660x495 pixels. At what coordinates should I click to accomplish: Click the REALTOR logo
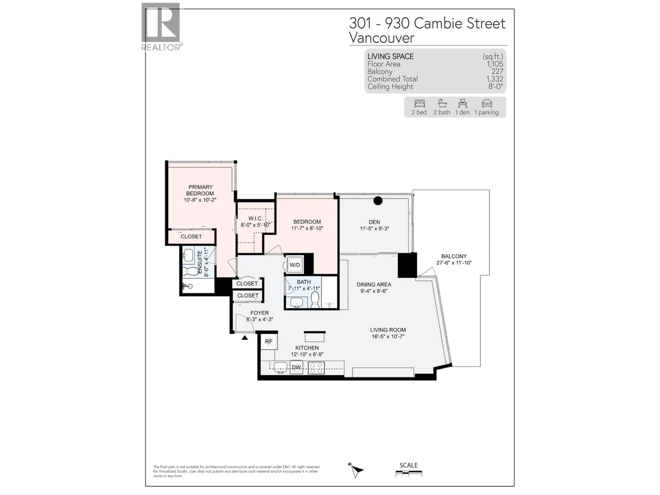point(161,26)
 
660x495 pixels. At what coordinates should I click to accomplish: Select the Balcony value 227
point(497,71)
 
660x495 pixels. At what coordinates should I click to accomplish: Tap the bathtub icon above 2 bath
point(442,103)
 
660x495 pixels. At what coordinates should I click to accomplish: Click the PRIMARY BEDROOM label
point(200,190)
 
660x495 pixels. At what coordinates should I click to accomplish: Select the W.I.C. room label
point(255,219)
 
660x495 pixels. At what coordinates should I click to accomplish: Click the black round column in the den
point(378,201)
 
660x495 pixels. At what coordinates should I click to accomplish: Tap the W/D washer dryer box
point(295,265)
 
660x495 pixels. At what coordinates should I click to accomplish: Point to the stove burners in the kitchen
point(316,368)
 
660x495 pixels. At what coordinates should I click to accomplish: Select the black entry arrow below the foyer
point(245,338)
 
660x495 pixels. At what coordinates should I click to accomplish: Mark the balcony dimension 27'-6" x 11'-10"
point(454,263)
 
